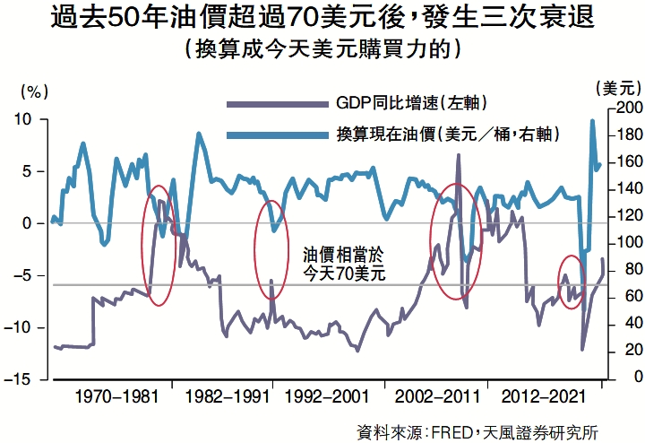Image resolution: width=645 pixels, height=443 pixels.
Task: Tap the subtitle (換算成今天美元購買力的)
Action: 322,49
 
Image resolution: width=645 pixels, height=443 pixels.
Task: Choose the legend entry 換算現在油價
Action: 448,135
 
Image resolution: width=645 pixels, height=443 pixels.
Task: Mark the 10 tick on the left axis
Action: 22,118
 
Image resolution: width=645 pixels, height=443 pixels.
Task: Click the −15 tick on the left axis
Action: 19,379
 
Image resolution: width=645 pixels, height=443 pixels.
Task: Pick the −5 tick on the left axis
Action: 22,275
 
